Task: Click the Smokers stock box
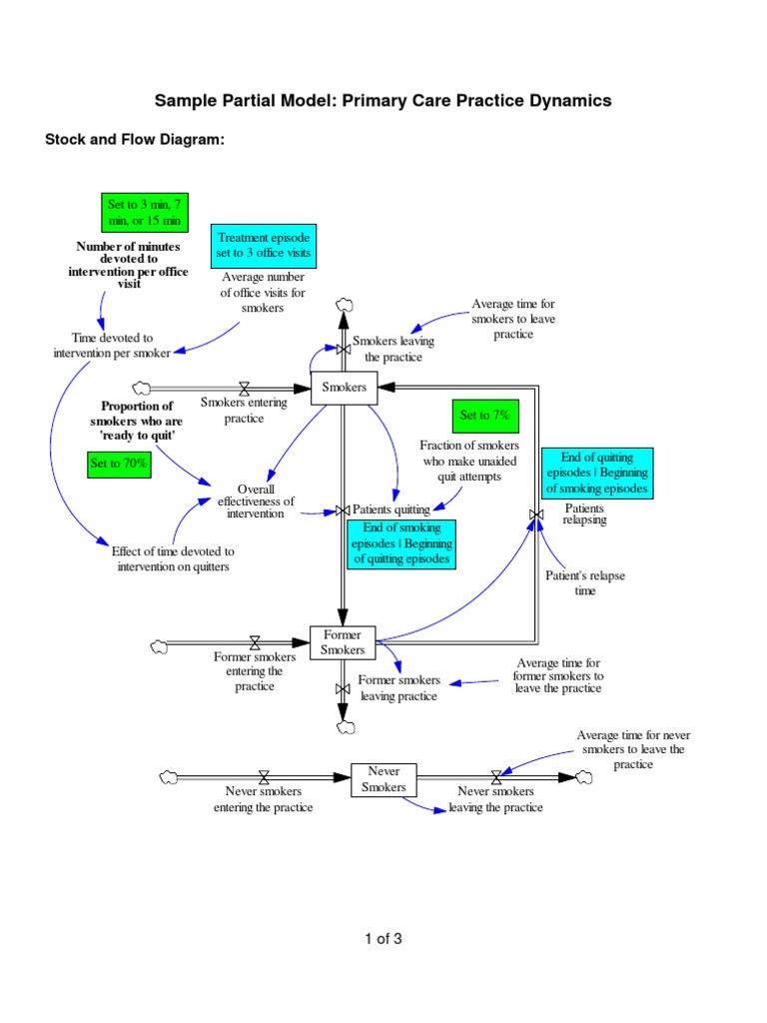coord(344,388)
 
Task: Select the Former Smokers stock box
coord(343,642)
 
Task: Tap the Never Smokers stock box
coord(383,779)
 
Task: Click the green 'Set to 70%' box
coord(120,465)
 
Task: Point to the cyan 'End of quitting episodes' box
coord(597,474)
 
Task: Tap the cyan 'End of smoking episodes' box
coord(401,544)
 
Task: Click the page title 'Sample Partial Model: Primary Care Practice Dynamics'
coord(383,101)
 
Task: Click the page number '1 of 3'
coord(383,938)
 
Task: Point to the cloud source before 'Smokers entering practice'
coord(140,388)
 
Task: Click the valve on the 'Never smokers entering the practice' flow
coord(264,776)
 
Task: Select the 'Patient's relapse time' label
coord(571,583)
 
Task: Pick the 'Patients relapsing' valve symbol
coord(536,514)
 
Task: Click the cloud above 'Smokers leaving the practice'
coord(345,304)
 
